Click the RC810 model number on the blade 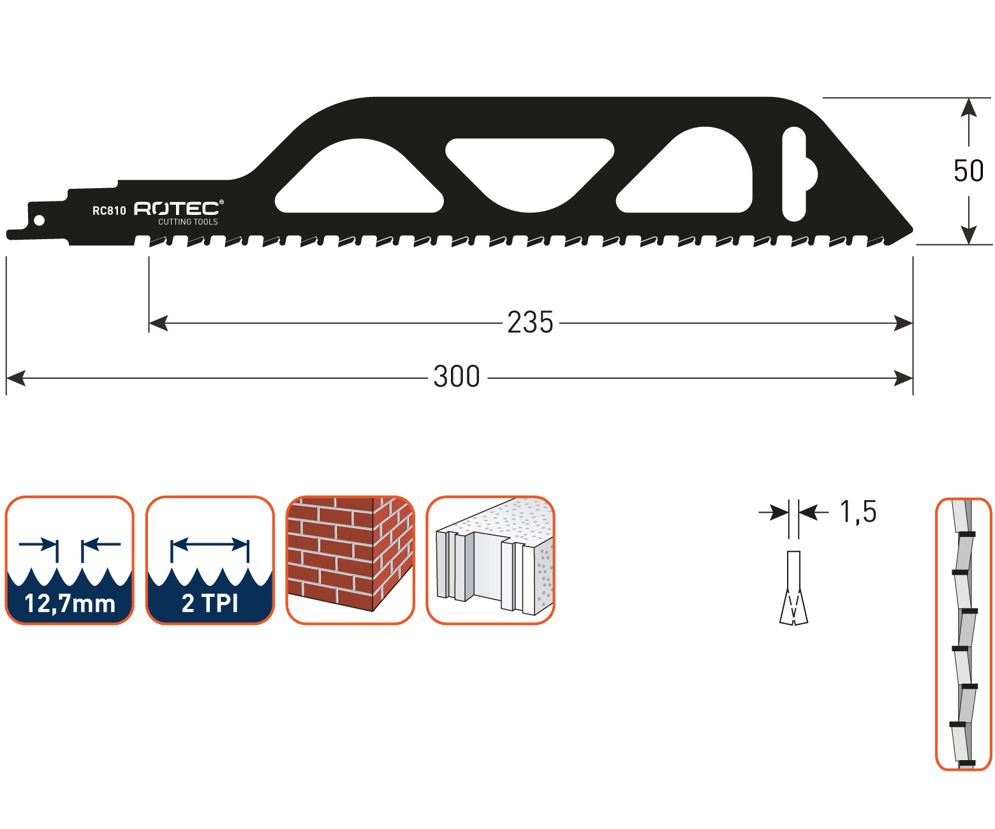109,210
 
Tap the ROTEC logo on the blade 178,208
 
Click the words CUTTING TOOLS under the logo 188,222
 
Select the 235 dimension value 531,323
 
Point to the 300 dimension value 457,377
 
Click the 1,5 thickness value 859,511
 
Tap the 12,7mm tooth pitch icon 70,560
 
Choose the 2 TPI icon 210,560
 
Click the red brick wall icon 350,560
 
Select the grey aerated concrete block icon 490,560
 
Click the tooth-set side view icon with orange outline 963,634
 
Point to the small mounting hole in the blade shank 40,221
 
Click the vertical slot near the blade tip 795,172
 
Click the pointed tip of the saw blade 911,230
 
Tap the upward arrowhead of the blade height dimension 969,108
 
